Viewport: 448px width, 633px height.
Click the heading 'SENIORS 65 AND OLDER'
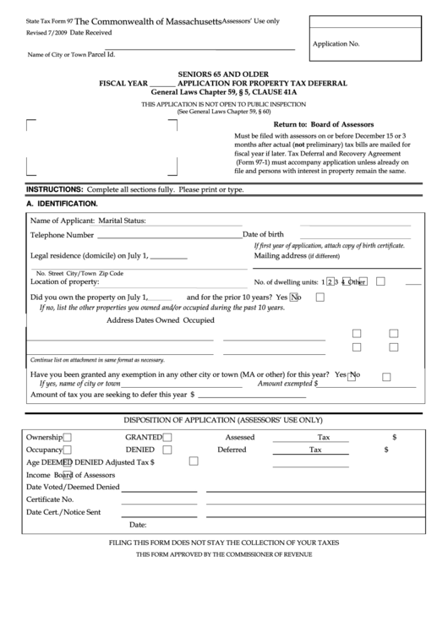coord(224,74)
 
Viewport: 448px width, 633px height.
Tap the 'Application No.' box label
coord(336,41)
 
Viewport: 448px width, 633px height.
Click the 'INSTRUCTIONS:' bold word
coord(54,189)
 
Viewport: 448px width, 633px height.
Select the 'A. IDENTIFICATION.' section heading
coord(62,204)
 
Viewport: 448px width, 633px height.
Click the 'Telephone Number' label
coord(62,235)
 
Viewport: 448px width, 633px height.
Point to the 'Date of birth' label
coord(269,234)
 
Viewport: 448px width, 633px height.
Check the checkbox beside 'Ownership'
coord(68,437)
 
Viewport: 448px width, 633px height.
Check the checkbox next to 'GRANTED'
coord(167,437)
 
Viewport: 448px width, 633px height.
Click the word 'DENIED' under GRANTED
coord(139,450)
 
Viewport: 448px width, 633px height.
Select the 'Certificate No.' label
coord(50,499)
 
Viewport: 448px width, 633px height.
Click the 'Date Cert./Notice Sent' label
coord(63,512)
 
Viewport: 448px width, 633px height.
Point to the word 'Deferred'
coord(232,450)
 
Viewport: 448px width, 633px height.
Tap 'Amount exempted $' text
coord(288,383)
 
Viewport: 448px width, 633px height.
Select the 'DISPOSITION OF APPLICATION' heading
coord(223,419)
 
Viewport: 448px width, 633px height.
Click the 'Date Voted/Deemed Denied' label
coord(72,487)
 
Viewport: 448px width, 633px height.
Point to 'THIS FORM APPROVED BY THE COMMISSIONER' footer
coord(224,554)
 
